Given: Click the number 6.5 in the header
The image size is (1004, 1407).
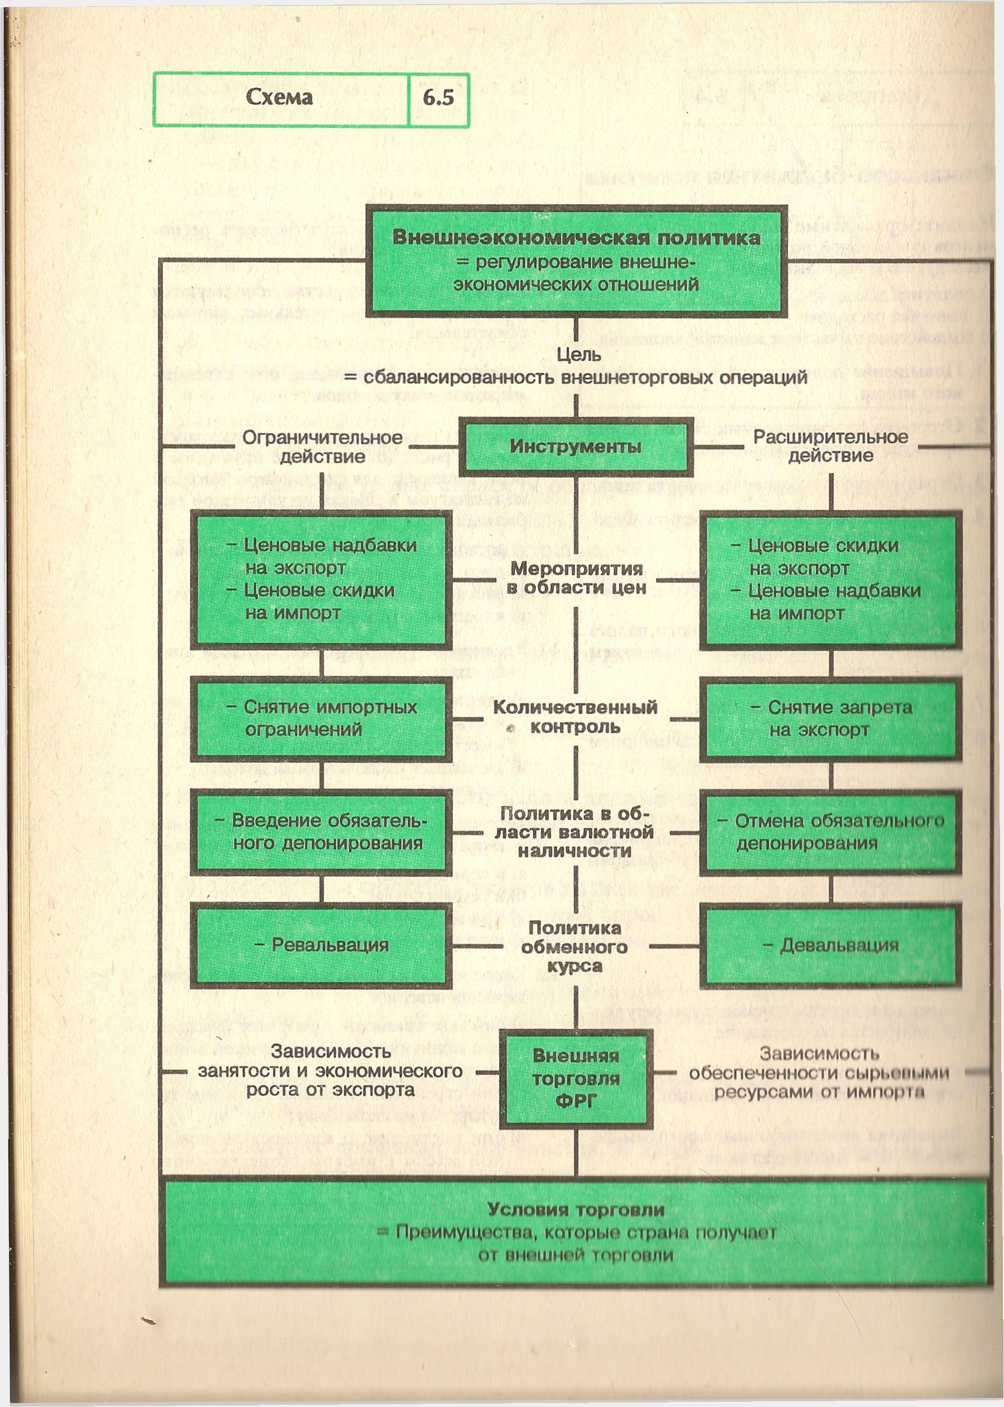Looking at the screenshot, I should (x=438, y=98).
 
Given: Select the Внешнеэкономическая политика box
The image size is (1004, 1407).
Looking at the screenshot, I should (x=576, y=261).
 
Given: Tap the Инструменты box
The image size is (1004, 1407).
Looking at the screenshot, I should (x=576, y=446).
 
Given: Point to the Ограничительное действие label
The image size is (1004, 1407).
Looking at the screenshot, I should (x=322, y=446).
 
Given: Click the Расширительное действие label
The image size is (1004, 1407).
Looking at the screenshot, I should (x=830, y=446).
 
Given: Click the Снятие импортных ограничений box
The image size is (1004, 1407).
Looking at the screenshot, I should (x=321, y=718).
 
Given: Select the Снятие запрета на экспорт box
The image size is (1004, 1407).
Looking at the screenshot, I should (x=830, y=718).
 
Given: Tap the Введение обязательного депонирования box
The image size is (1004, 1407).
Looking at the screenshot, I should (x=321, y=832).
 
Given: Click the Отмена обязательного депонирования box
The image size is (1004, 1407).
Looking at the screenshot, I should (x=830, y=832).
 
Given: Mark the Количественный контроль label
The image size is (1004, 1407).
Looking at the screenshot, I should (x=575, y=717).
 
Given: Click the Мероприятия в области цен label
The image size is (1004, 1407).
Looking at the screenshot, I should (x=576, y=578).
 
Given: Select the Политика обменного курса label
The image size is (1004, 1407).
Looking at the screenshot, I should (x=575, y=946).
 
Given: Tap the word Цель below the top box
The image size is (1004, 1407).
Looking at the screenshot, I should (x=579, y=355).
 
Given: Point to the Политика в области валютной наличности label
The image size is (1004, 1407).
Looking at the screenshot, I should (x=575, y=832).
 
